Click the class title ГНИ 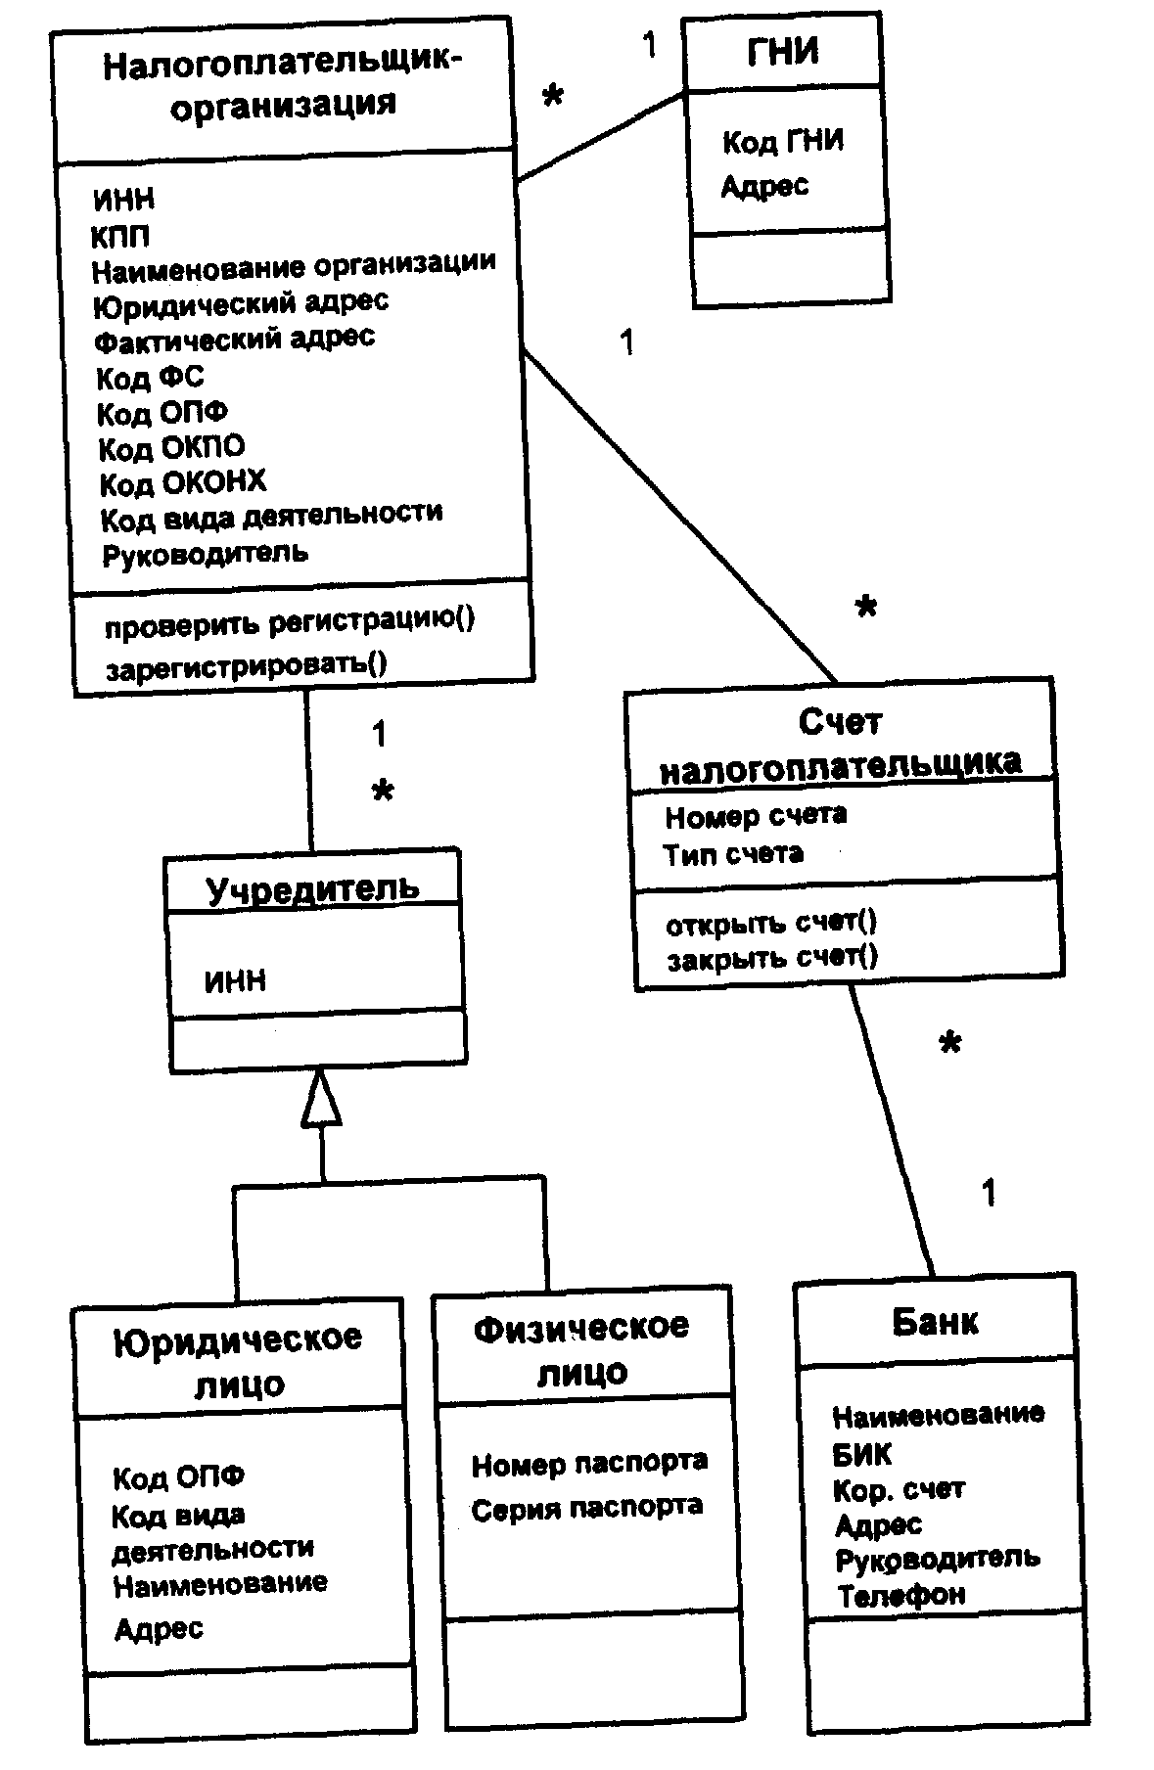pyautogui.click(x=783, y=51)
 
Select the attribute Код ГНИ pyautogui.click(x=782, y=142)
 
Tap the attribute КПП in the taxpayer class pyautogui.click(x=120, y=236)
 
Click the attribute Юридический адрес pyautogui.click(x=241, y=302)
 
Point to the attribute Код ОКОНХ pyautogui.click(x=183, y=482)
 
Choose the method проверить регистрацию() pyautogui.click(x=290, y=622)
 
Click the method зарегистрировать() pyautogui.click(x=246, y=667)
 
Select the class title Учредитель pyautogui.click(x=312, y=887)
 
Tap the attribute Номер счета pyautogui.click(x=756, y=815)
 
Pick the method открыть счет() pyautogui.click(x=771, y=922)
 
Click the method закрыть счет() pyautogui.click(x=772, y=958)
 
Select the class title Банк pyautogui.click(x=935, y=1322)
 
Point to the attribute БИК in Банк pyautogui.click(x=862, y=1455)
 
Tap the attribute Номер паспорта pyautogui.click(x=589, y=1464)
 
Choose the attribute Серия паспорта pyautogui.click(x=586, y=1508)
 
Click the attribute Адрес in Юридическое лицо pyautogui.click(x=159, y=1629)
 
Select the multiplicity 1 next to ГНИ pyautogui.click(x=649, y=44)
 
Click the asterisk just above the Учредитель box pyautogui.click(x=383, y=792)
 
